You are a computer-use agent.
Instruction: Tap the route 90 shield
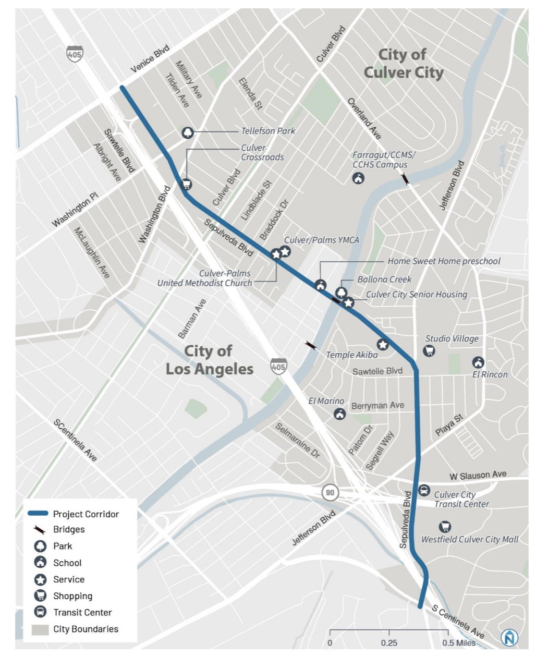pyautogui.click(x=330, y=492)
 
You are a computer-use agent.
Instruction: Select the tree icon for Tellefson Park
pyautogui.click(x=187, y=132)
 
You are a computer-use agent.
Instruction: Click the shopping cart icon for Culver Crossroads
pyautogui.click(x=186, y=184)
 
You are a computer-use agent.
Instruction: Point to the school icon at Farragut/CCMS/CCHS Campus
pyautogui.click(x=358, y=178)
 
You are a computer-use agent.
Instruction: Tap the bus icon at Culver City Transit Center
pyautogui.click(x=424, y=491)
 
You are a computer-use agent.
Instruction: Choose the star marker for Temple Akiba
pyautogui.click(x=383, y=344)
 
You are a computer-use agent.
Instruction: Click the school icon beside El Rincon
pyautogui.click(x=478, y=362)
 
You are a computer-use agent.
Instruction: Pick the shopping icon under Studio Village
pyautogui.click(x=429, y=350)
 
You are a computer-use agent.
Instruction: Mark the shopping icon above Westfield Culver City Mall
pyautogui.click(x=445, y=527)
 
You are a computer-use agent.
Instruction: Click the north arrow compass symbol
pyautogui.click(x=509, y=637)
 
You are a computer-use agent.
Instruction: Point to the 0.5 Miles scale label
pyautogui.click(x=459, y=642)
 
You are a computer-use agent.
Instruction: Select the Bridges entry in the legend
pyautogui.click(x=68, y=529)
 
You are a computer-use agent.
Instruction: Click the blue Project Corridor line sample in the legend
pyautogui.click(x=38, y=514)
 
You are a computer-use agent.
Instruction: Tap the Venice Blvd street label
pyautogui.click(x=150, y=59)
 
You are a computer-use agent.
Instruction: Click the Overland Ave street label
pyautogui.click(x=365, y=119)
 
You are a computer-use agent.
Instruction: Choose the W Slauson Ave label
pyautogui.click(x=478, y=475)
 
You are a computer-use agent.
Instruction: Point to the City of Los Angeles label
pyautogui.click(x=209, y=360)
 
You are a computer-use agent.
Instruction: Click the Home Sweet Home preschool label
pyautogui.click(x=444, y=261)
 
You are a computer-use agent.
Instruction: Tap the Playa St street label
pyautogui.click(x=449, y=425)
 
